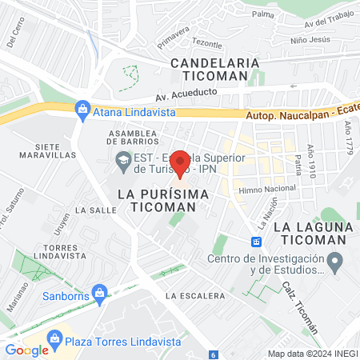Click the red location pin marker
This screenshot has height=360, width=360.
(180, 163)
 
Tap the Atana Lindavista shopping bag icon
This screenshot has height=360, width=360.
(82, 108)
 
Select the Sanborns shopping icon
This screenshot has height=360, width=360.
(99, 294)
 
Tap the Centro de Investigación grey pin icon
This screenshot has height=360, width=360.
(336, 262)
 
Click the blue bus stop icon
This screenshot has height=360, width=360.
(257, 241)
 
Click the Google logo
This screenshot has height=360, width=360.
(27, 350)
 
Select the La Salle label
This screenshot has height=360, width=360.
(90, 209)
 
